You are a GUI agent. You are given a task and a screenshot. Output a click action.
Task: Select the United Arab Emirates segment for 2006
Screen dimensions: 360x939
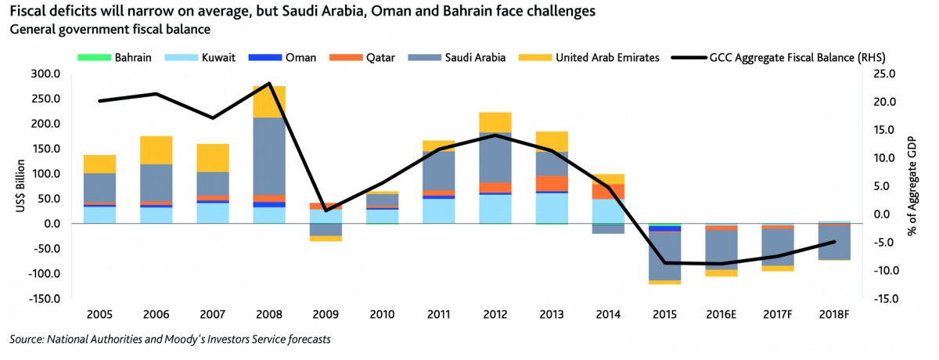tap(156, 149)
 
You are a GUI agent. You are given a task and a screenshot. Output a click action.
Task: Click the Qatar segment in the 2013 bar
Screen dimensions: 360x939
tap(551, 183)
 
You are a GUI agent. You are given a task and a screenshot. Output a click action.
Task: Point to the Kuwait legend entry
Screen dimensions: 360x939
tap(207, 57)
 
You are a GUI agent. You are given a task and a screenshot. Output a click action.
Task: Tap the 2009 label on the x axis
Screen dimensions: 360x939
tap(326, 315)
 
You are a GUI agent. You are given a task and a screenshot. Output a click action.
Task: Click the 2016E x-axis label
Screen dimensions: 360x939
tap(721, 315)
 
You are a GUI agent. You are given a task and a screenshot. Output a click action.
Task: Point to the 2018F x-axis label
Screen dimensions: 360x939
tap(833, 315)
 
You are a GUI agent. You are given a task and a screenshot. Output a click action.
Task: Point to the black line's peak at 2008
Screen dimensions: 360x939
tap(269, 83)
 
